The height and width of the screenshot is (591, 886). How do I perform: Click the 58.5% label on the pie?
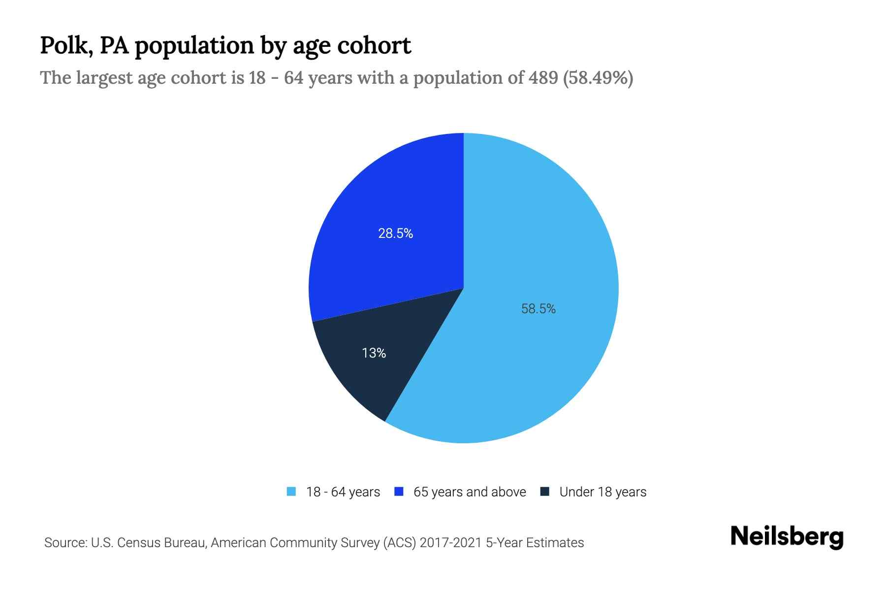[538, 309]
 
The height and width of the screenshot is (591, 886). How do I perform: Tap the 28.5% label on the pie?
[395, 233]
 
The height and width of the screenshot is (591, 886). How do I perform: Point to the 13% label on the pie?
[374, 353]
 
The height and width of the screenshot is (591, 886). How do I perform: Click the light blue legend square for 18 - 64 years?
[291, 492]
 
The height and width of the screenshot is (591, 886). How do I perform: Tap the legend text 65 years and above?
[470, 492]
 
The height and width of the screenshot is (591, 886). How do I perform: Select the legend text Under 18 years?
[602, 492]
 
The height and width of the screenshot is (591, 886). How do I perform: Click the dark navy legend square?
[544, 492]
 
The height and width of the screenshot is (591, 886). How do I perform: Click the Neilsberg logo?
[787, 537]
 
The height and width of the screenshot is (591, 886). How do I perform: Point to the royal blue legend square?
[399, 492]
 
